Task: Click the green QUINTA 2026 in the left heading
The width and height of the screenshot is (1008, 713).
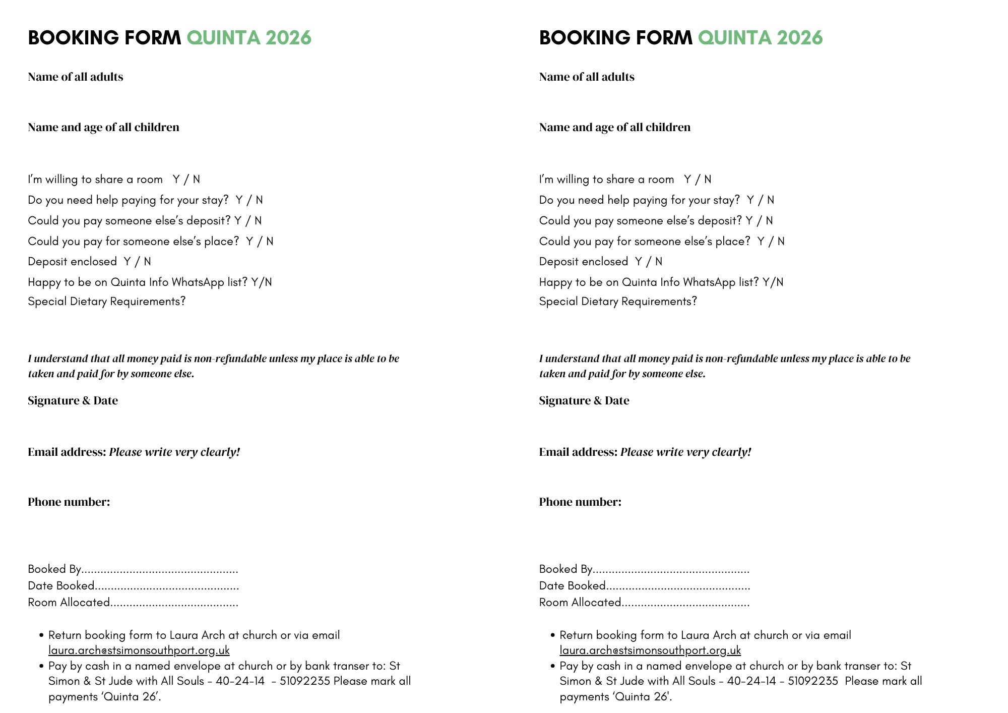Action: (249, 38)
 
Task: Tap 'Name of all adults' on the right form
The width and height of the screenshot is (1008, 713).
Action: (587, 77)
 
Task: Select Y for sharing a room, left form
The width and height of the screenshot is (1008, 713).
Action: (176, 180)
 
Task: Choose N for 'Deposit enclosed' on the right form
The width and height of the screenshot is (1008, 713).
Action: (659, 262)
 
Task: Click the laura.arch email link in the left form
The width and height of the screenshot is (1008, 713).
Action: (139, 650)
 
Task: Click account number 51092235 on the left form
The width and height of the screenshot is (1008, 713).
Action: (304, 681)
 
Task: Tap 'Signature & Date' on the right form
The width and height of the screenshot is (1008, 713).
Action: (584, 400)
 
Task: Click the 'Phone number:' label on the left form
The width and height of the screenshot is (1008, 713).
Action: (69, 502)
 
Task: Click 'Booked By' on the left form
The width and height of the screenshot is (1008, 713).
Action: (54, 569)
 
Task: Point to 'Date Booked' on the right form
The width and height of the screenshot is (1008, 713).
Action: (572, 586)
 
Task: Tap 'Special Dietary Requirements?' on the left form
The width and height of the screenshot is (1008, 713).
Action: (107, 302)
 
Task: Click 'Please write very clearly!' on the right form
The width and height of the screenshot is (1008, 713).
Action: (685, 452)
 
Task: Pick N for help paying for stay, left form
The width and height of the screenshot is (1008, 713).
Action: (259, 200)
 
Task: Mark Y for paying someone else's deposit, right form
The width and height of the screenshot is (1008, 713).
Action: (749, 221)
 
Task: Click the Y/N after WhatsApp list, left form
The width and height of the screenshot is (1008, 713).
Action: (262, 282)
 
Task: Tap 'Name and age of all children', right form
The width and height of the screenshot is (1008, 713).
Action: (614, 127)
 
